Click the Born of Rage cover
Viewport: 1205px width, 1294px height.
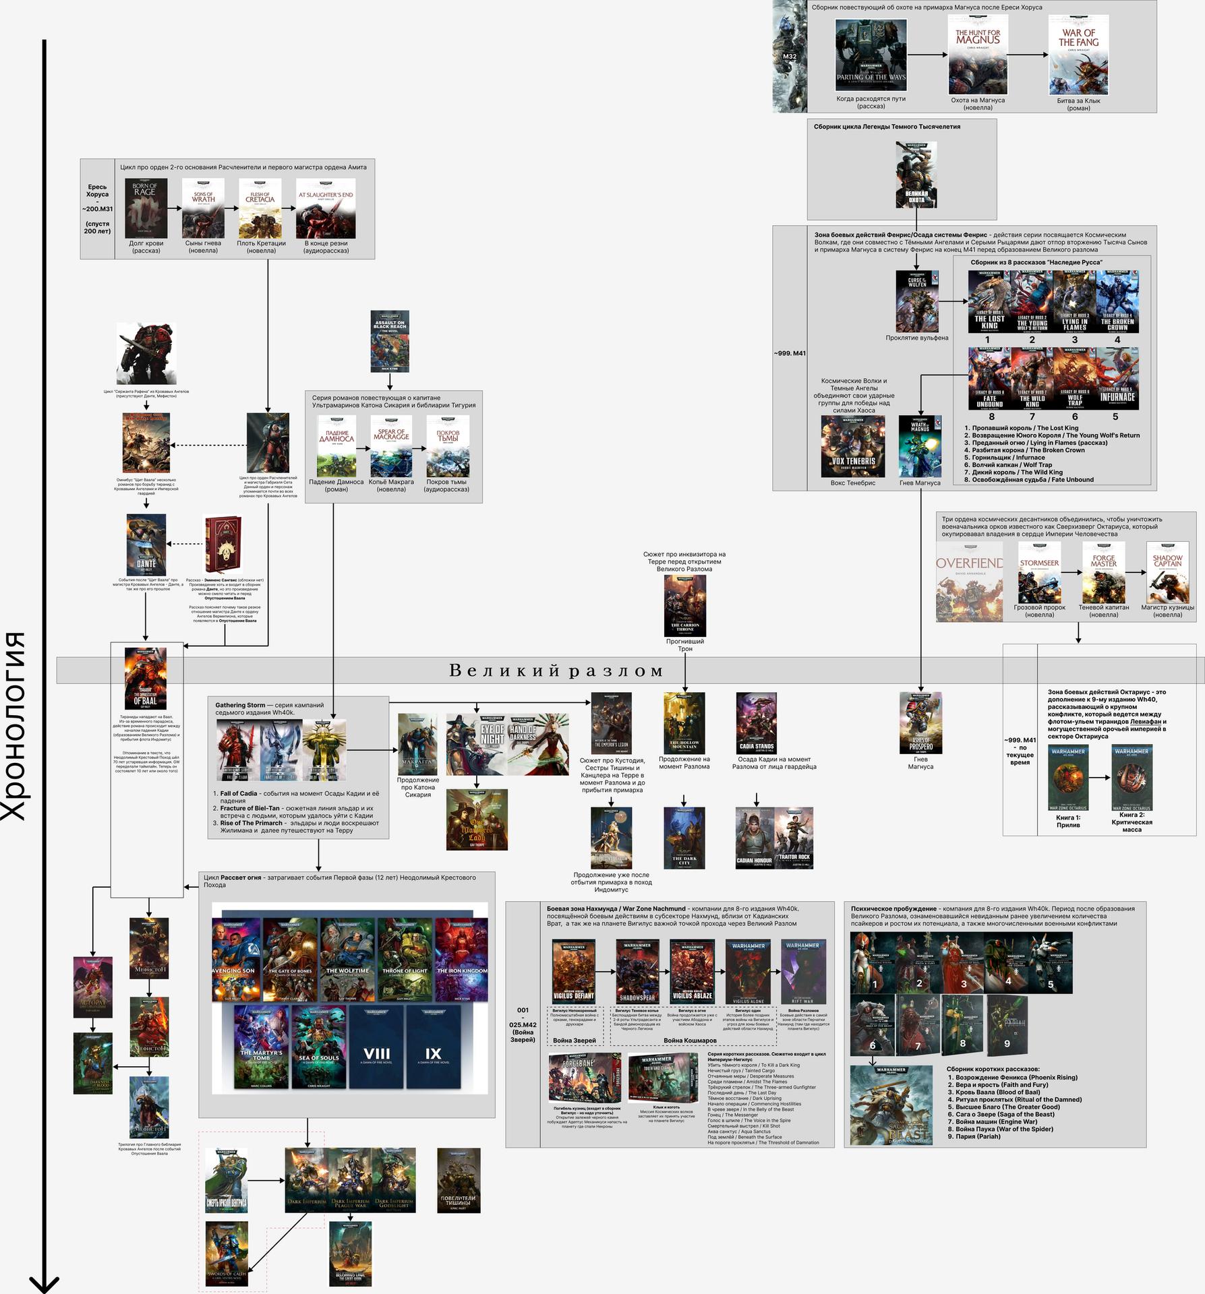[x=145, y=209]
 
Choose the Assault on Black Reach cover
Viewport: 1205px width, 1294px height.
[x=390, y=341]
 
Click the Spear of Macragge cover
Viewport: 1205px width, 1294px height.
[x=391, y=445]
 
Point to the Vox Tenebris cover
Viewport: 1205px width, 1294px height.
[x=853, y=446]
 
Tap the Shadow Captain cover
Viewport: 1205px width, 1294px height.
[x=1167, y=573]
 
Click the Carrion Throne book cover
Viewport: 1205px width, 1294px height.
[x=685, y=605]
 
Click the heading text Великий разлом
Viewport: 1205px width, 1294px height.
[x=556, y=671]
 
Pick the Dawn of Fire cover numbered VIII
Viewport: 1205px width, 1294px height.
[x=376, y=1047]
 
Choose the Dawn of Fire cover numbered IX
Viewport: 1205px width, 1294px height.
[x=433, y=1047]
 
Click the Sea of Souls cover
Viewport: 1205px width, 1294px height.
[x=319, y=1047]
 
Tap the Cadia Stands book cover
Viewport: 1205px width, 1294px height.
[x=757, y=722]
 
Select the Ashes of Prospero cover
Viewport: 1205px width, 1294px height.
[x=920, y=722]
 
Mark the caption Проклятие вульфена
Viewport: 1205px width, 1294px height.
[x=916, y=338]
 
